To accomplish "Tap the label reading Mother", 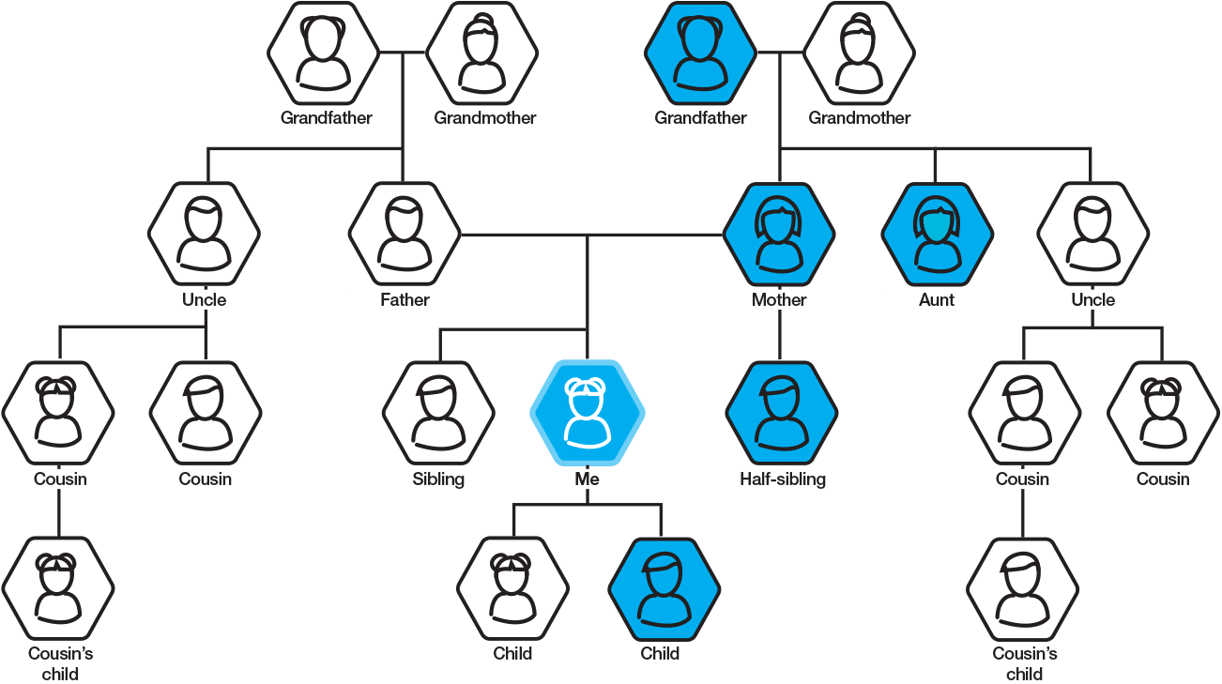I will click(779, 299).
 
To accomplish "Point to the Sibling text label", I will click(438, 479).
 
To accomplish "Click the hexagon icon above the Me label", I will click(588, 413).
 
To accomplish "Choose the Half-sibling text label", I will click(782, 479).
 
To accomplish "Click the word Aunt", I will click(937, 299).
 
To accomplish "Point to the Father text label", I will click(405, 299).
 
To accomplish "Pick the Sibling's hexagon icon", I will click(438, 413).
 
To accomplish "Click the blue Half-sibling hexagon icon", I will click(781, 413).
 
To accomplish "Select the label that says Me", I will click(587, 479).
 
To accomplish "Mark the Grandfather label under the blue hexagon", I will click(700, 118).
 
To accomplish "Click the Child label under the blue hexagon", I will click(660, 653).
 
